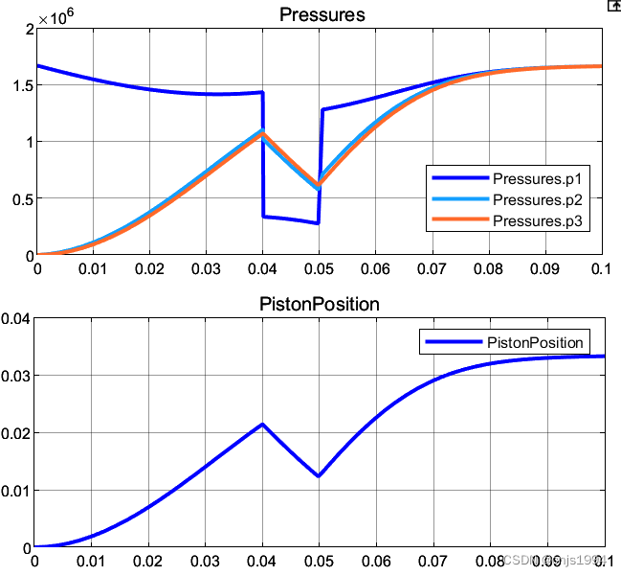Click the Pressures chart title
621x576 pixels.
click(x=322, y=14)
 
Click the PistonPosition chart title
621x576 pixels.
click(x=320, y=305)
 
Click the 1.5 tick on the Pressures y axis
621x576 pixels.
click(x=21, y=85)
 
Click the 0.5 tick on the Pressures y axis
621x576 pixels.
click(x=21, y=199)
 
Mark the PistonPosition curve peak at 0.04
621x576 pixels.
click(x=263, y=424)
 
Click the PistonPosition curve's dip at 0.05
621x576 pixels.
click(x=319, y=476)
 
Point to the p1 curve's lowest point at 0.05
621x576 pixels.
click(x=318, y=223)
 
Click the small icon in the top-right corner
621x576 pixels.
click(x=613, y=5)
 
